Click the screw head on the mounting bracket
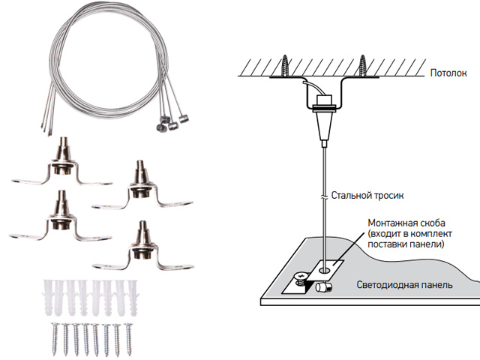(x=300, y=277)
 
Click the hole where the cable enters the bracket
(x=325, y=266)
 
